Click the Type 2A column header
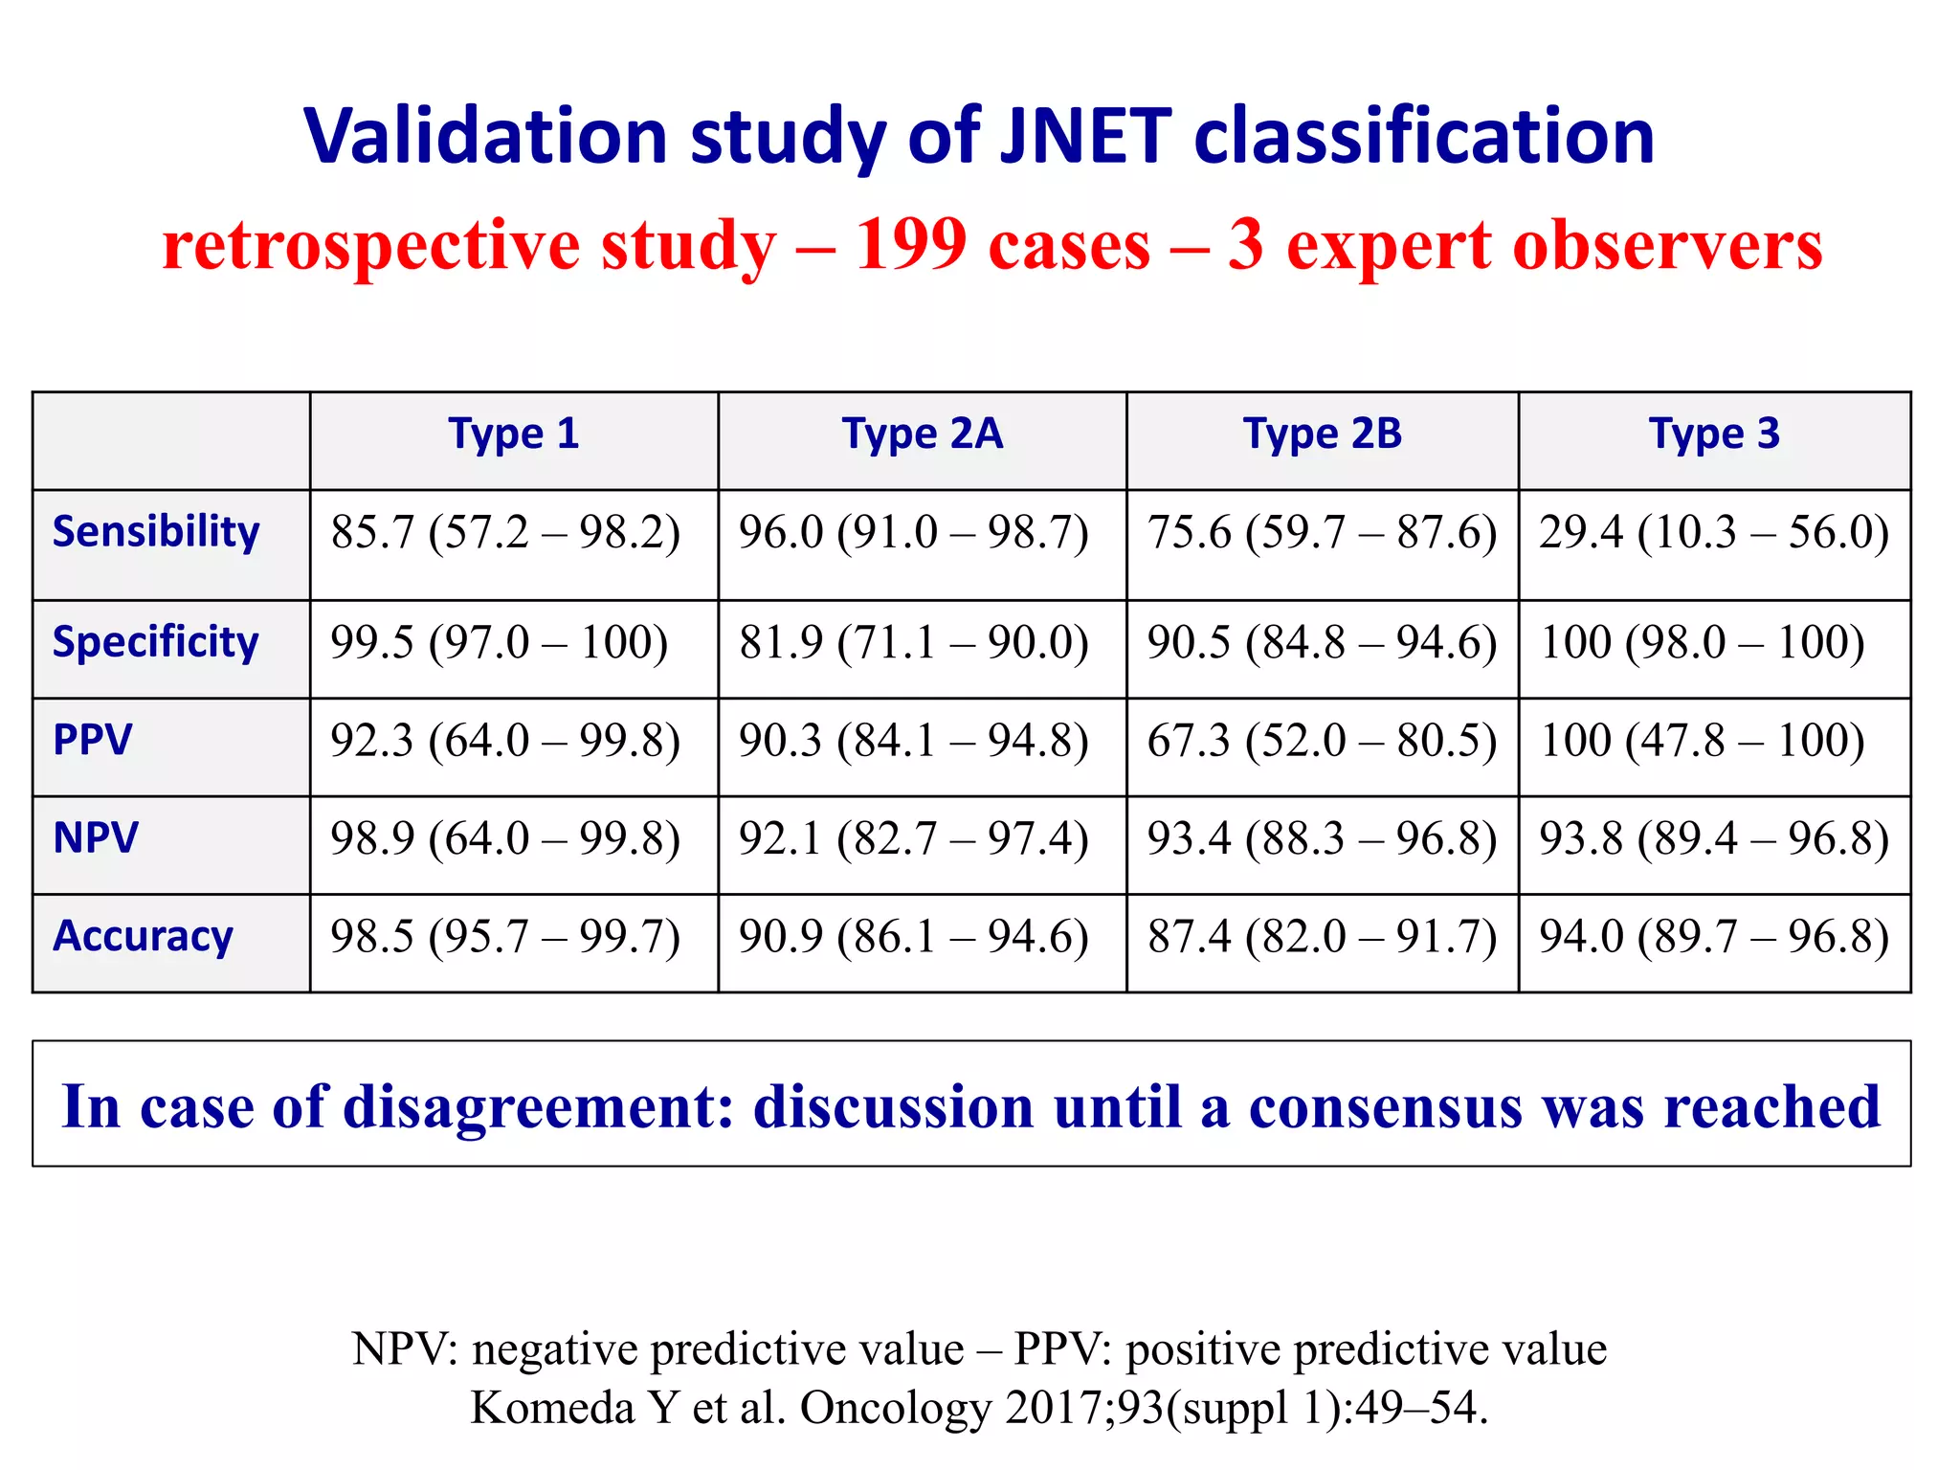[x=922, y=434]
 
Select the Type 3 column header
[x=1713, y=434]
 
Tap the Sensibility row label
[x=156, y=531]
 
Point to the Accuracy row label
[x=143, y=936]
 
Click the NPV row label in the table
[x=96, y=837]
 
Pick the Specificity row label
[x=155, y=641]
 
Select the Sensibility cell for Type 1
[x=505, y=532]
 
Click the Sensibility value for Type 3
[x=1713, y=532]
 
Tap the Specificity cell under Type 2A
[x=913, y=642]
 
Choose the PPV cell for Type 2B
[x=1322, y=741]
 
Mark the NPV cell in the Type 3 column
[x=1713, y=839]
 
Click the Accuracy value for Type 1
[x=505, y=937]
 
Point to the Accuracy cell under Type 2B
[x=1322, y=937]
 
